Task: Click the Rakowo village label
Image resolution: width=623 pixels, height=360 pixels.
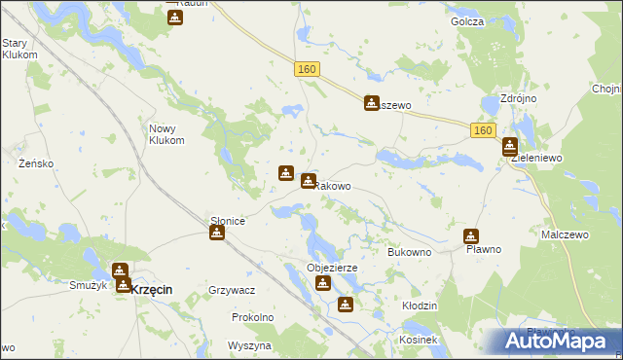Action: point(333,186)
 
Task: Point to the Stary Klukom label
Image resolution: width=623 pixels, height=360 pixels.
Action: point(19,50)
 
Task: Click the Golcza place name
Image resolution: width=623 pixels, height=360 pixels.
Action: point(467,20)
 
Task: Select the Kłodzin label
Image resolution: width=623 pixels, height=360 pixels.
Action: point(420,306)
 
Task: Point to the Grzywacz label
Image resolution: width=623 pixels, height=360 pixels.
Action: point(232,290)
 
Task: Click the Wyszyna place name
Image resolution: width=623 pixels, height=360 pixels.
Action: point(248,345)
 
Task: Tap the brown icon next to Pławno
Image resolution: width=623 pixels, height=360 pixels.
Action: point(471,235)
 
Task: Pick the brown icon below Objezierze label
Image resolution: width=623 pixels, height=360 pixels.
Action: point(322,283)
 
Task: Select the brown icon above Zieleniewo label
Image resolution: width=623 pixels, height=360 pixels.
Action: point(510,147)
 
